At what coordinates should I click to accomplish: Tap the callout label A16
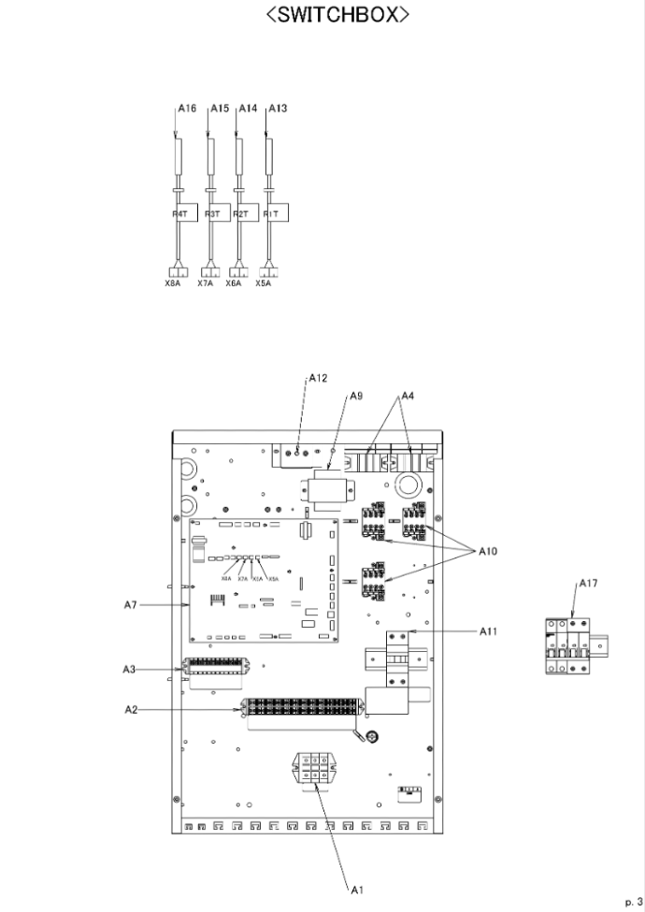click(187, 109)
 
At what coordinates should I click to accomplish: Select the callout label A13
click(278, 109)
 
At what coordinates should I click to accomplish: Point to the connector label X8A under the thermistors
click(173, 282)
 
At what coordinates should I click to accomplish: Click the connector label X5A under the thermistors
click(263, 282)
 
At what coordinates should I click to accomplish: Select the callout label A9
click(355, 397)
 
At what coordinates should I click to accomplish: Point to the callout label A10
click(489, 551)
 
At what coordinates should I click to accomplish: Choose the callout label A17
click(588, 583)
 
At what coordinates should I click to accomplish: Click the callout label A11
click(487, 631)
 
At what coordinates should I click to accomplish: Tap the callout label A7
click(131, 605)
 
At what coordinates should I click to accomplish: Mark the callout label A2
click(131, 710)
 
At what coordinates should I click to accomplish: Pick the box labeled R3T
click(214, 214)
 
